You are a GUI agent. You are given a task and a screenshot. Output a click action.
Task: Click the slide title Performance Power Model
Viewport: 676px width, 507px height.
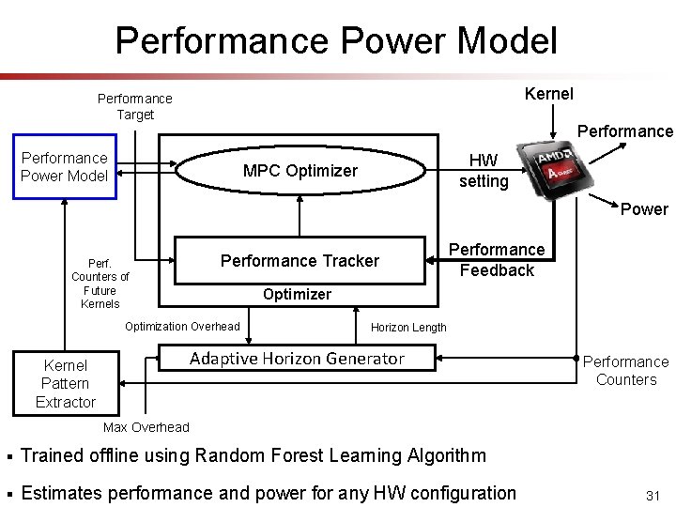click(336, 40)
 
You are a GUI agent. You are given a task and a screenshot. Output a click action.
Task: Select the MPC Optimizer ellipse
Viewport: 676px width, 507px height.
click(300, 171)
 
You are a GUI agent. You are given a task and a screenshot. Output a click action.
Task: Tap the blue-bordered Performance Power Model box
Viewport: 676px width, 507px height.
click(65, 167)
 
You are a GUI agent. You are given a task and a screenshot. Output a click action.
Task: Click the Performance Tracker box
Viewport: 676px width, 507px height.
click(300, 261)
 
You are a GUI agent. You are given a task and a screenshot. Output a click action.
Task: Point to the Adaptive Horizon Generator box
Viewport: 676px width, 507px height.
click(297, 359)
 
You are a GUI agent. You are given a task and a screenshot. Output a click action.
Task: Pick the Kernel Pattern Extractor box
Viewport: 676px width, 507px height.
click(66, 383)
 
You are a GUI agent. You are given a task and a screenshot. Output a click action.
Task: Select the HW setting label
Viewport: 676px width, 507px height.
click(483, 171)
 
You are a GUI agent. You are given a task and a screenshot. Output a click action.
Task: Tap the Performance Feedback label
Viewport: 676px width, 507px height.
click(497, 260)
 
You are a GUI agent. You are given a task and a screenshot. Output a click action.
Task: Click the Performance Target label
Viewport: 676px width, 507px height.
click(135, 106)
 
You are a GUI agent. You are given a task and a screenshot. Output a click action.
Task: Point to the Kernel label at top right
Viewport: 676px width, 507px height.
click(549, 94)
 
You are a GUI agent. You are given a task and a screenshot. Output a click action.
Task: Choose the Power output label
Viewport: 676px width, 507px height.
click(644, 209)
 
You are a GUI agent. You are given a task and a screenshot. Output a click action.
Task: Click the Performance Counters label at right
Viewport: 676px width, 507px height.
click(626, 371)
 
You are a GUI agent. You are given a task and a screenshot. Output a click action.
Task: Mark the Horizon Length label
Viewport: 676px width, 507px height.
click(408, 328)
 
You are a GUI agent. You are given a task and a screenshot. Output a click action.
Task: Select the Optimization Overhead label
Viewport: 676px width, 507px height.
click(182, 327)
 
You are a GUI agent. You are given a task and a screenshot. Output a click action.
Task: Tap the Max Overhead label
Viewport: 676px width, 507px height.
click(146, 427)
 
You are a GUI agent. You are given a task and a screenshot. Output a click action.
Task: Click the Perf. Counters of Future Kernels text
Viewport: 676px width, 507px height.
click(100, 284)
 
